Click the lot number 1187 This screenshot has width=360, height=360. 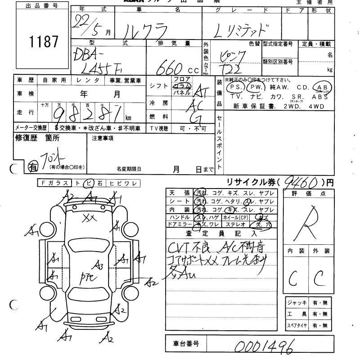pyautogui.click(x=44, y=42)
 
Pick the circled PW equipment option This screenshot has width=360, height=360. pyautogui.click(x=256, y=87)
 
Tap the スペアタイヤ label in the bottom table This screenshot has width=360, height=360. pyautogui.click(x=297, y=325)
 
